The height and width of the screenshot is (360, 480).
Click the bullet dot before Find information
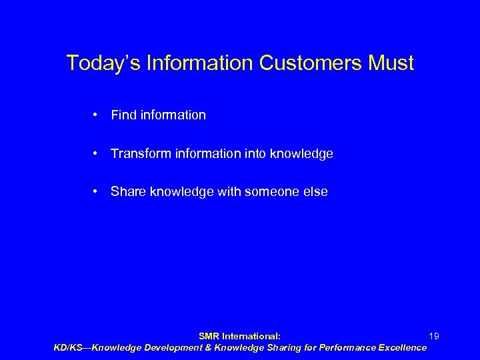pos(97,115)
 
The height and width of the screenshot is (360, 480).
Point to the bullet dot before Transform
pos(97,154)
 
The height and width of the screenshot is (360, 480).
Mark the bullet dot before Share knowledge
pos(97,192)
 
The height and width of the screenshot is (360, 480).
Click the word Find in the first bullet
pos(123,115)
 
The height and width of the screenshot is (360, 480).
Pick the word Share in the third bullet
pos(127,192)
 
